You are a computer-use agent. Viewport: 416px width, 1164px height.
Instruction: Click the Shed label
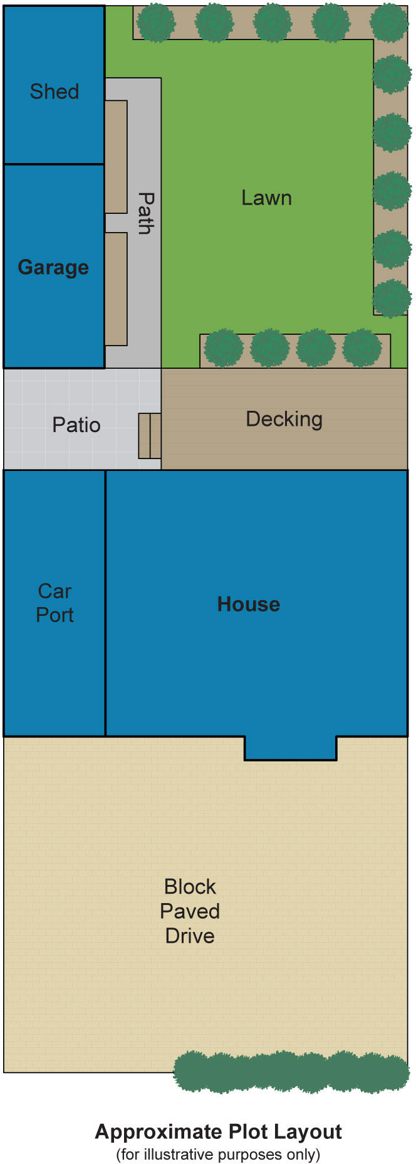pos(55,92)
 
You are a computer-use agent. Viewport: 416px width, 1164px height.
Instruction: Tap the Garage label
pos(53,267)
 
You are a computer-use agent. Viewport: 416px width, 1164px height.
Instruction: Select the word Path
pos(145,213)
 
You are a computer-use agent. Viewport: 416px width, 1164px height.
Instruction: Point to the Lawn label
pos(266,198)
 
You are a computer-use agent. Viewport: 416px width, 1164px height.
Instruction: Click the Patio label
pos(76,425)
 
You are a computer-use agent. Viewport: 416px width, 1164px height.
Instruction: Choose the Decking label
pos(284,419)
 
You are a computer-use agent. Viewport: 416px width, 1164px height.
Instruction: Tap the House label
pos(248,604)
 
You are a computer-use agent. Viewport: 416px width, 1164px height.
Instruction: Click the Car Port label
pos(55,603)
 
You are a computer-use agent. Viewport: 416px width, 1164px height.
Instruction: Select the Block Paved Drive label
pos(190,911)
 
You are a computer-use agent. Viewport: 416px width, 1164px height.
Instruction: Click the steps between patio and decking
pos(150,435)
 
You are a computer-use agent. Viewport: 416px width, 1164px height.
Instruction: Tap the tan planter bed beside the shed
pos(116,157)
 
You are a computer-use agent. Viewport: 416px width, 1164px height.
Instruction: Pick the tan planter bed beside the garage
pos(116,288)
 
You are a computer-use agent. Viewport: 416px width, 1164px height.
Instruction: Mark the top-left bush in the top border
pos(155,23)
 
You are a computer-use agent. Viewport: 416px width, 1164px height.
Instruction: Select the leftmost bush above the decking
pos(223,348)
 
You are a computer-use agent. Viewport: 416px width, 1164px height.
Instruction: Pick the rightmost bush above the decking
pos(362,347)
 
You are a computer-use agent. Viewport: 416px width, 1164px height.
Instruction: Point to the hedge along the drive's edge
pos(291,1072)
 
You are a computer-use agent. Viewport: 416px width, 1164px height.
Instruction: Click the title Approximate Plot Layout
pos(218,1132)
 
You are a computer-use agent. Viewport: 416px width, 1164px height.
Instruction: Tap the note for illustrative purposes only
pos(218,1154)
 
